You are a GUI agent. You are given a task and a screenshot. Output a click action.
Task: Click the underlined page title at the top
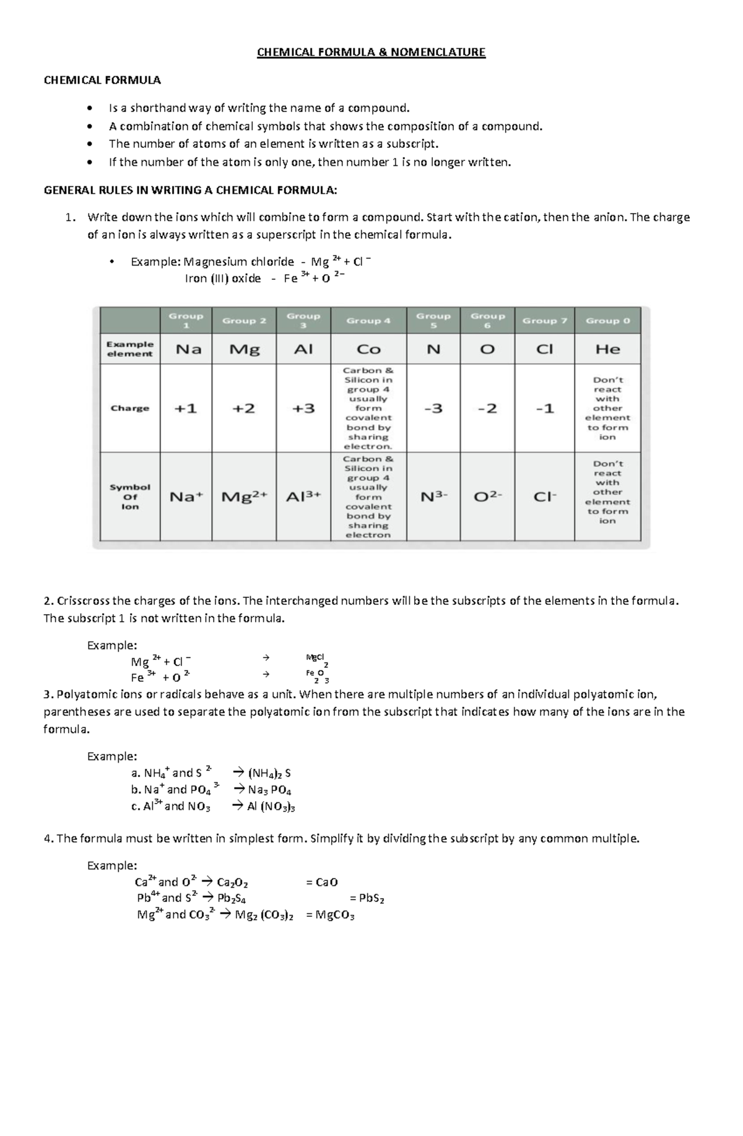[371, 53]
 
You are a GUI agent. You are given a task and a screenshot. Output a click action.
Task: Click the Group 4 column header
[368, 321]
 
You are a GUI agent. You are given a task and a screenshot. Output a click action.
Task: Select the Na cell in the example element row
[189, 349]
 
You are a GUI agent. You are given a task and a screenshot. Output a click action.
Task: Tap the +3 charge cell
[303, 409]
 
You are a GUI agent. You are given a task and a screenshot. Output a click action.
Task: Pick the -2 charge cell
[487, 409]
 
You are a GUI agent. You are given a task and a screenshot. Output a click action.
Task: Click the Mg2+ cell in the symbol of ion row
[244, 496]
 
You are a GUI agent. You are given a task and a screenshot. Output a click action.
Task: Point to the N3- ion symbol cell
[433, 496]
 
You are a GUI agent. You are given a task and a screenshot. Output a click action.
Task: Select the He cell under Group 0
[607, 349]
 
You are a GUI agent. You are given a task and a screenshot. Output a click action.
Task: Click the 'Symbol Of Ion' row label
[130, 496]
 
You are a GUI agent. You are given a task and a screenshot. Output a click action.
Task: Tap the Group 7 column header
[544, 321]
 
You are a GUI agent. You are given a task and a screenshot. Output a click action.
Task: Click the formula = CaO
[322, 882]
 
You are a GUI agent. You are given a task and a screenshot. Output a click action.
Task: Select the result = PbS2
[367, 898]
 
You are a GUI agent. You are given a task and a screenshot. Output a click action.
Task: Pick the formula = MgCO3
[330, 915]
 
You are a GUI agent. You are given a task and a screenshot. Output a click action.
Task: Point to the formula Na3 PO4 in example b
[269, 790]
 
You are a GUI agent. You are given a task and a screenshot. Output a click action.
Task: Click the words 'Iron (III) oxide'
[223, 279]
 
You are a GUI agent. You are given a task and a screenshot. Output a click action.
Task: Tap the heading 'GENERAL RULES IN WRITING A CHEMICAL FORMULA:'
[191, 190]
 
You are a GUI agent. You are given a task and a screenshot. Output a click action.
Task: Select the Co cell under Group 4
[368, 349]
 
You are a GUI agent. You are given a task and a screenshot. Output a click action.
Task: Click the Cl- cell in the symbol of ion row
[544, 496]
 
